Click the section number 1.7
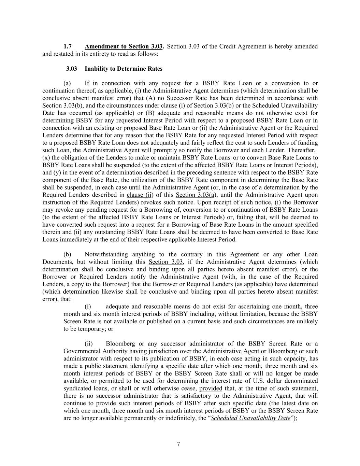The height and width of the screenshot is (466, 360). (x=68, y=46)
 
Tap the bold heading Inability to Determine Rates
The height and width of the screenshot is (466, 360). (x=124, y=69)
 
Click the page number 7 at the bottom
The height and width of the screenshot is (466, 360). (x=178, y=444)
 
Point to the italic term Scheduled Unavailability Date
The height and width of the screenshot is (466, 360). (x=250, y=418)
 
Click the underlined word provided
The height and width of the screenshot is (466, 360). (x=211, y=389)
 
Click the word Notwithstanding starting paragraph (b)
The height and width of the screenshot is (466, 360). (x=106, y=254)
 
